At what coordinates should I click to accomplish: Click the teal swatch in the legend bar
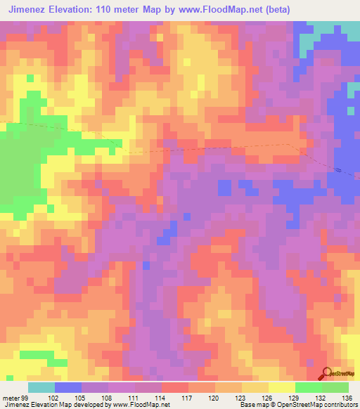point(41,387)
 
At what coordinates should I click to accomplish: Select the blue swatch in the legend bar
point(68,387)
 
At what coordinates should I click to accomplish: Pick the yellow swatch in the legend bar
point(282,387)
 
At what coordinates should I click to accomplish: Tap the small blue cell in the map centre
point(146,265)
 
